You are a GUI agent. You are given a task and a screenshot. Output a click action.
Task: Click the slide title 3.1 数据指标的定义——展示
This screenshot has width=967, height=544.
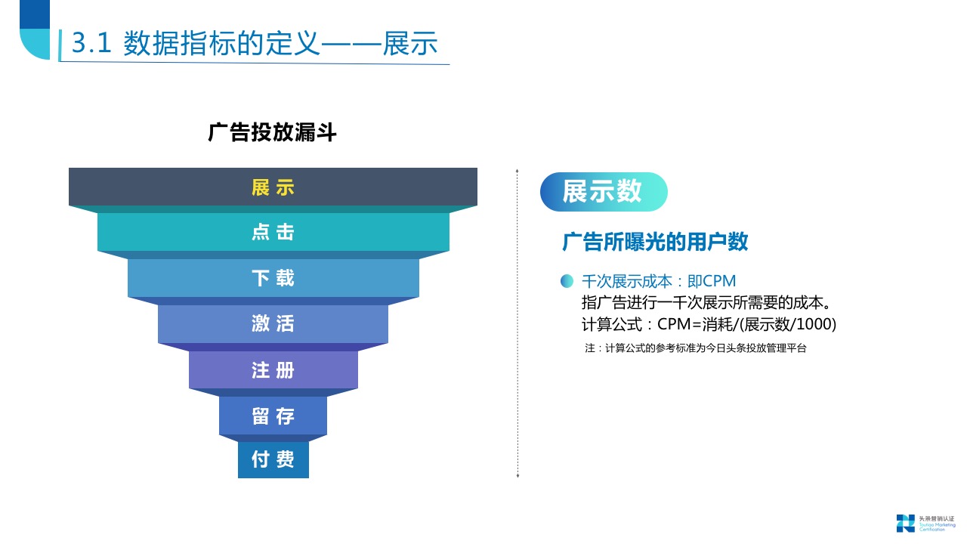[x=255, y=43]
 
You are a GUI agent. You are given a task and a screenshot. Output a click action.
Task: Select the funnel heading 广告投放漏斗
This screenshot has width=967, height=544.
[x=273, y=132]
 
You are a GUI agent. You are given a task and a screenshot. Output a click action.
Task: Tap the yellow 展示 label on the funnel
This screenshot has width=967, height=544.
[x=273, y=188]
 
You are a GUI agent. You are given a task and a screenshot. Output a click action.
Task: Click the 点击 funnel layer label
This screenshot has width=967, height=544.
[x=273, y=232]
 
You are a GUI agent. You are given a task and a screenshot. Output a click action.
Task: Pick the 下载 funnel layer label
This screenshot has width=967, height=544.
[x=273, y=277]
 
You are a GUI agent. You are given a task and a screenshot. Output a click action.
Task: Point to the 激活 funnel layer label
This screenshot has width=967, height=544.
[x=273, y=323]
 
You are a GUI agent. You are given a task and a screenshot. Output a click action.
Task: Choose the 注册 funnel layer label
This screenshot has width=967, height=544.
[x=273, y=370]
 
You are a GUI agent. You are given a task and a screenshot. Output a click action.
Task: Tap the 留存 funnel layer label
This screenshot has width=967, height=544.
[x=273, y=416]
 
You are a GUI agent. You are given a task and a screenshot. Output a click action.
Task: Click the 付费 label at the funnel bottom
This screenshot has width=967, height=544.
[x=273, y=459]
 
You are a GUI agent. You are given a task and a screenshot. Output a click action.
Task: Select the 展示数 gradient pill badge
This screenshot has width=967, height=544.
[x=604, y=192]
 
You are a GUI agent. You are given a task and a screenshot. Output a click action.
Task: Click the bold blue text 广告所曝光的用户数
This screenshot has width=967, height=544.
[x=655, y=241]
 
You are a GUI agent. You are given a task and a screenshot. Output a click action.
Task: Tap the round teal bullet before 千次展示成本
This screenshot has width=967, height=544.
[x=567, y=281]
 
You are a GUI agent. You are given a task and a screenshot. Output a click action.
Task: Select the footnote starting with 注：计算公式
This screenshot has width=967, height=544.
[x=696, y=348]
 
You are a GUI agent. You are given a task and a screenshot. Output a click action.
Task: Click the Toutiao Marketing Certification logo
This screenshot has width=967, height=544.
[x=925, y=524]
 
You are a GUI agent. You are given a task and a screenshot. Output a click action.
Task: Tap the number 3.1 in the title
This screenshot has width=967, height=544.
[x=91, y=43]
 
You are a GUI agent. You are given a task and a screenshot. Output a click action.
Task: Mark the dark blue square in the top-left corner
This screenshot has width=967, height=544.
[x=35, y=14]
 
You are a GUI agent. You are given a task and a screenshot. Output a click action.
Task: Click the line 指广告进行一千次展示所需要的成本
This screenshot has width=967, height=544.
[x=706, y=303]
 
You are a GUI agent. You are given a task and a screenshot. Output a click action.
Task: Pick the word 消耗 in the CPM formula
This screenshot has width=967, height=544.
[x=718, y=324]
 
